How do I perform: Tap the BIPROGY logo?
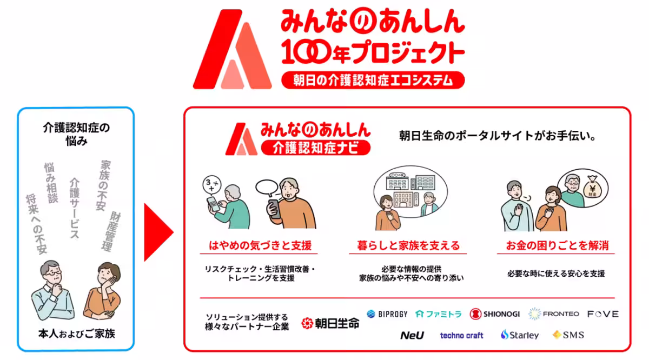[x=387, y=314]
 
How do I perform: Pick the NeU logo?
[x=412, y=335]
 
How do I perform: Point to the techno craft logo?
[x=461, y=336]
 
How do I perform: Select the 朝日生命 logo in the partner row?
[x=330, y=324]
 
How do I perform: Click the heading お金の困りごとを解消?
[x=557, y=246]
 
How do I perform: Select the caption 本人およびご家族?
[x=76, y=334]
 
